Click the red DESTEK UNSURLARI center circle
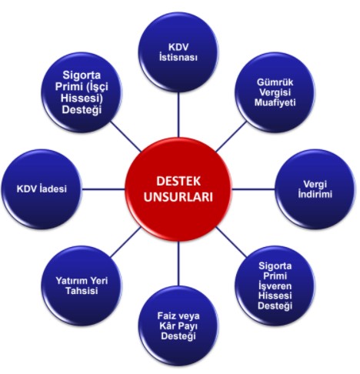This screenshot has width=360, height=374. (178, 189)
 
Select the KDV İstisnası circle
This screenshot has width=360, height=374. (178, 52)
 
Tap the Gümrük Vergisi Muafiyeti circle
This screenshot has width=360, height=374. (275, 92)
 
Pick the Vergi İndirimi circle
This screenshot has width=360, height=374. (315, 189)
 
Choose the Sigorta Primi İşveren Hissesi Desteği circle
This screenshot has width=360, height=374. (275, 286)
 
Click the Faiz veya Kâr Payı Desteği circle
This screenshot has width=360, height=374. (178, 326)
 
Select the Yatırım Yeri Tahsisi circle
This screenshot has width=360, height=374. (82, 286)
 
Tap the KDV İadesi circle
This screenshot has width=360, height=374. (42, 189)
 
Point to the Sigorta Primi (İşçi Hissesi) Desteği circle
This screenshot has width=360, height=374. (82, 92)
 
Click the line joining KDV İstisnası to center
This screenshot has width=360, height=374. (178, 115)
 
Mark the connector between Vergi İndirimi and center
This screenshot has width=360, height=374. (253, 189)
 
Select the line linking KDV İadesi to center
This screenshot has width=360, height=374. (104, 189)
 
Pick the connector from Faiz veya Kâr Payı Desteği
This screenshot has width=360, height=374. (178, 263)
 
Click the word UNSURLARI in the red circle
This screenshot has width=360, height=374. (178, 197)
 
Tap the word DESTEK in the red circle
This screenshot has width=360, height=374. (178, 181)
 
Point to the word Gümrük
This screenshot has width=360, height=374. (275, 82)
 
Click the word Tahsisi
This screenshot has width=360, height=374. (82, 291)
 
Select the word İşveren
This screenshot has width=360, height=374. (275, 286)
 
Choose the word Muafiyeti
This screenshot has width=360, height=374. (275, 102)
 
